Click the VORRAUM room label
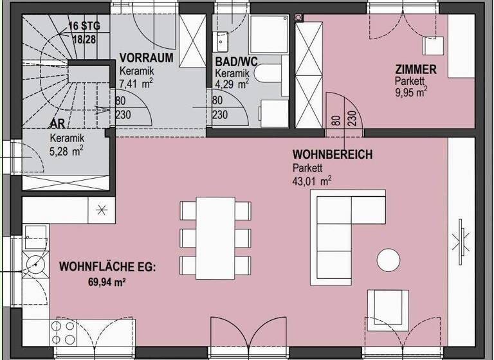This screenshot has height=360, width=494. (147, 58)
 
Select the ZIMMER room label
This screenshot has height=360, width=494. (416, 70)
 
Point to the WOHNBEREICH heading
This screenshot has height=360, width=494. (332, 155)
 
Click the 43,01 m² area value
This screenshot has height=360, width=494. (311, 181)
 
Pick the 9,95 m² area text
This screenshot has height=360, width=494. (412, 92)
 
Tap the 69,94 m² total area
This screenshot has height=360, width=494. (105, 282)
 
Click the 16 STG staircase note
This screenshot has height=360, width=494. (83, 27)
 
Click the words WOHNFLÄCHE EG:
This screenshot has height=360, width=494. (107, 266)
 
